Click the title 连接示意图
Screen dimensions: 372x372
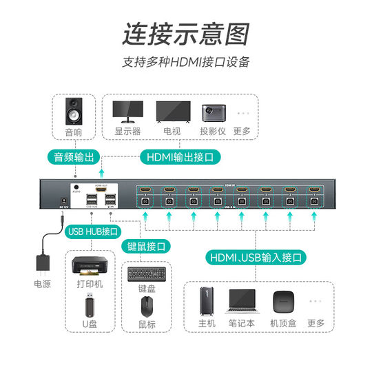[185, 32]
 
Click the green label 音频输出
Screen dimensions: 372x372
[73, 156]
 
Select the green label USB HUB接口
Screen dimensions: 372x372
[93, 231]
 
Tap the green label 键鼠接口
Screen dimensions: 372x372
[146, 245]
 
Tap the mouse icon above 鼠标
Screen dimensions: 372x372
[146, 305]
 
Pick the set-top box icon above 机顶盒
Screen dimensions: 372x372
[283, 302]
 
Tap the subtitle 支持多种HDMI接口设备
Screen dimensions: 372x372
[185, 62]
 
